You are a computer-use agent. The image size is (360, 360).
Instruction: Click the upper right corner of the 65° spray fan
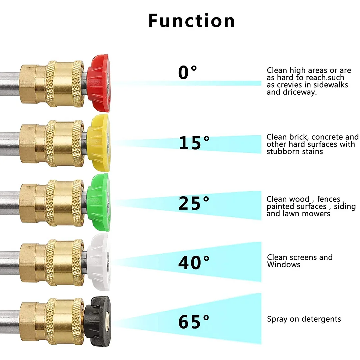pos(261,293)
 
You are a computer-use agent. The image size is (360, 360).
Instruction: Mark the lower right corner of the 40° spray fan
pos(261,282)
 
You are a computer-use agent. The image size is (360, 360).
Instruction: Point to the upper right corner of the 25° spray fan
pos(261,191)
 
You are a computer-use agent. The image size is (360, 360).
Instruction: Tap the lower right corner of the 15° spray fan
pos(261,153)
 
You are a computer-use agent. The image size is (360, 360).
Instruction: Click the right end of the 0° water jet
pos(261,83)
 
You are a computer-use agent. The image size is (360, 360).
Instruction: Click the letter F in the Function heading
pos(154,21)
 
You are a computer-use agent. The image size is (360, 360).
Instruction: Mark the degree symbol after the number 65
pos(206,318)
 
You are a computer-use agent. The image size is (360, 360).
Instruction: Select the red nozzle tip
pos(99,83)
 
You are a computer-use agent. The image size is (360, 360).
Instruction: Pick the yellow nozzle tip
pos(98,143)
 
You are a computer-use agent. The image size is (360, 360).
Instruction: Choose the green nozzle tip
pos(99,202)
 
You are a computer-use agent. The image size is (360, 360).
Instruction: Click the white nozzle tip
pos(99,262)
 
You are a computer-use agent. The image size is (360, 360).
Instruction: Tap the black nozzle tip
pos(97,321)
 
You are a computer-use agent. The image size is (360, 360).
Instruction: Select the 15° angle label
pos(194,143)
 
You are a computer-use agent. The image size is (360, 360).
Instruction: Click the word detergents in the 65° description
pos(321,319)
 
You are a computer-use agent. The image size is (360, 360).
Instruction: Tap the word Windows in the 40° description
pos(284,264)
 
